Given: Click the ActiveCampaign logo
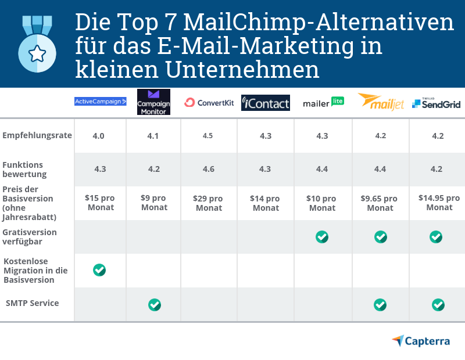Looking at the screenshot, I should tap(101, 101).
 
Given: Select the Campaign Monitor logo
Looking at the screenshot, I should tap(153, 102).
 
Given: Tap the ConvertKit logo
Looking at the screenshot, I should tap(209, 103).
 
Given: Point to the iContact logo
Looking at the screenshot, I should tap(266, 103).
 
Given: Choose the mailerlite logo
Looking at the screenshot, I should tap(323, 103).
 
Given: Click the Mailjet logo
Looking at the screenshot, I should tap(381, 102).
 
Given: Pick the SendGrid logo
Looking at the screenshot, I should tap(436, 103).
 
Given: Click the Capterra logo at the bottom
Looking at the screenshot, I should tap(421, 341).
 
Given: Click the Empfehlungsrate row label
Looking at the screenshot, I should tap(37, 135).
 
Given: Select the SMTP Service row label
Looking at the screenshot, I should tap(32, 303).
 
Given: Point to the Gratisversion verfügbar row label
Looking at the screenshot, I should tap(30, 236).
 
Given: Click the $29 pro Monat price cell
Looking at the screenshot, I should tap(208, 203).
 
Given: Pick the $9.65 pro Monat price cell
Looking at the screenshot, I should tap(380, 203).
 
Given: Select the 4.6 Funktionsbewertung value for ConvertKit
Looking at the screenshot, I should tap(208, 170).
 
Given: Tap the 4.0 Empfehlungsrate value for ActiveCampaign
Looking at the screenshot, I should tap(99, 136).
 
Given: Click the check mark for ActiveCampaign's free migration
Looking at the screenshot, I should tap(99, 270).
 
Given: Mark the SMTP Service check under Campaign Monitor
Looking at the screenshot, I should tap(154, 304).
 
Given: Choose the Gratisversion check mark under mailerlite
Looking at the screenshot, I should tap(322, 237).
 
